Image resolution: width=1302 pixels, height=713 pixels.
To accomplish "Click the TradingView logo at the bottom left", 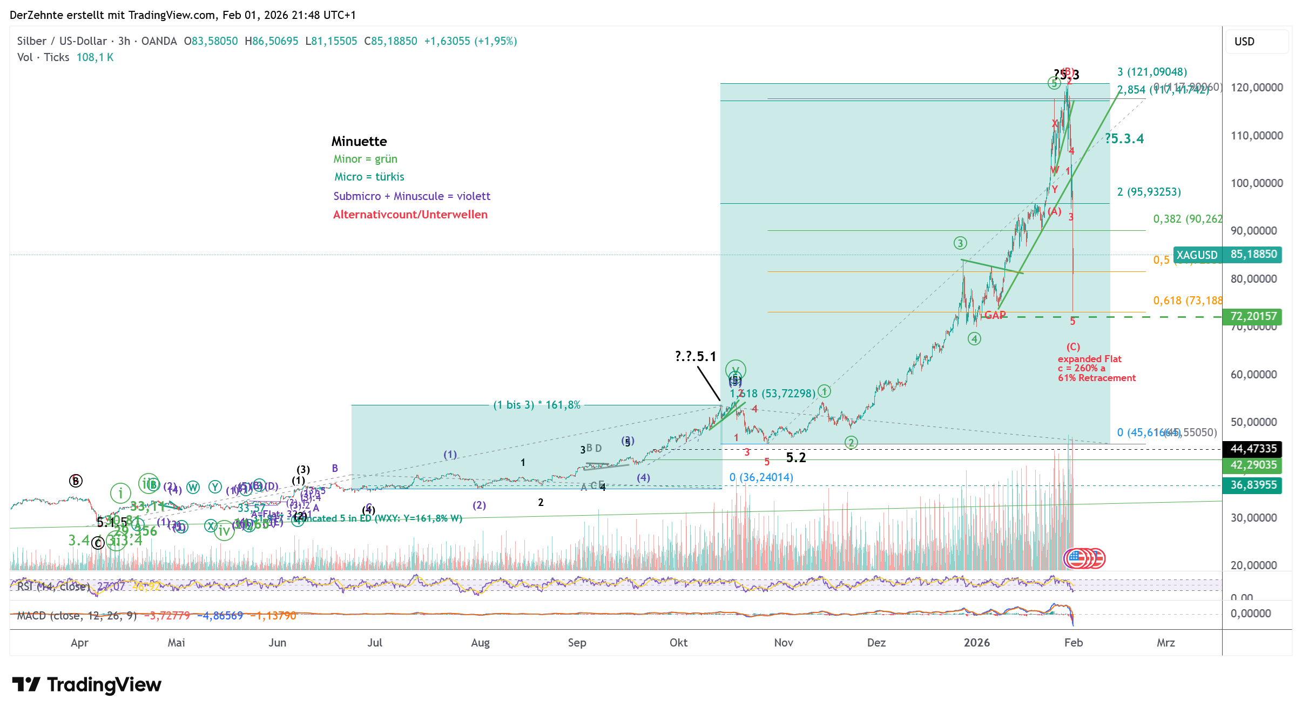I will click(86, 684).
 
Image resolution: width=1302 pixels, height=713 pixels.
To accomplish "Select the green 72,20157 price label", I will click(1253, 316).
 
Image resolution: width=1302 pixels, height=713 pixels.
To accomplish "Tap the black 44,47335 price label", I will click(1253, 449).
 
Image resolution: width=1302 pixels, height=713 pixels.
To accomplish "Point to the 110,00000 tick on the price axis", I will click(1256, 136).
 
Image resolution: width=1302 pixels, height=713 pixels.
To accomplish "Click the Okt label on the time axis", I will click(678, 642).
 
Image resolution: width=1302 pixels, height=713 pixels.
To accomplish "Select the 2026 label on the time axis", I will click(976, 642).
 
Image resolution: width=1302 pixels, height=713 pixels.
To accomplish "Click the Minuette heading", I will click(359, 142).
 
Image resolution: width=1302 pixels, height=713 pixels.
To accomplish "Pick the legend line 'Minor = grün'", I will click(365, 159).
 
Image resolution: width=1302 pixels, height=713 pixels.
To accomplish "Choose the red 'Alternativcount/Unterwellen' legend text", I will click(410, 215).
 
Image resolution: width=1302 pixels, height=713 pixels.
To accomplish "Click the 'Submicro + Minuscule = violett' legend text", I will click(411, 196).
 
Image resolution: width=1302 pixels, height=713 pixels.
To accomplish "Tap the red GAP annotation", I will click(995, 315).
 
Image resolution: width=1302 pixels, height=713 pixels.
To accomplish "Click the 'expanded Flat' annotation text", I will click(1089, 359).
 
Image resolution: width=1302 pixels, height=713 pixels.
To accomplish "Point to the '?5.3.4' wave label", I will click(1124, 139).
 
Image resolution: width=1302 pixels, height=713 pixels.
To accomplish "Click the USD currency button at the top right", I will click(1244, 42).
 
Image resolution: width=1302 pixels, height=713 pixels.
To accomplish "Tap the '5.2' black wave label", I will click(795, 458).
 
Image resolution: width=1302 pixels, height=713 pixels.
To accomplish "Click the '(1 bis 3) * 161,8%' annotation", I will click(537, 405).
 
